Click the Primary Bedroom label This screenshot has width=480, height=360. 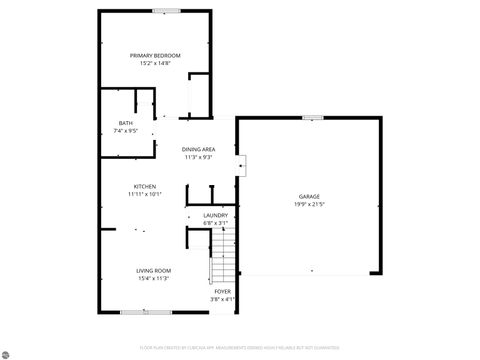tap(155, 55)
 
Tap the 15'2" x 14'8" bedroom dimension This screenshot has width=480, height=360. tap(155, 63)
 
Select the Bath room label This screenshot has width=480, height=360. tap(126, 123)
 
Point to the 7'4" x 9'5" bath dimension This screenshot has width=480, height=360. tap(126, 131)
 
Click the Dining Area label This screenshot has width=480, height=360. tap(198, 149)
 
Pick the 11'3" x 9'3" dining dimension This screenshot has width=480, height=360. tap(198, 157)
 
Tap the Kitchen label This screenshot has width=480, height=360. tap(144, 186)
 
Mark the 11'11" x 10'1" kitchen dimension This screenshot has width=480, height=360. tap(144, 194)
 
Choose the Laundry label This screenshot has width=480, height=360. tap(215, 215)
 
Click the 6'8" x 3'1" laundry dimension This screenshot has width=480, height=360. tap(215, 223)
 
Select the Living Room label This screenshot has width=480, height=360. tap(154, 270)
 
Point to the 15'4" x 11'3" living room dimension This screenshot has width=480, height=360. tap(154, 278)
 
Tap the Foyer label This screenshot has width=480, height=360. tap(222, 291)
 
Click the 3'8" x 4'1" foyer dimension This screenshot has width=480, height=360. tap(222, 299)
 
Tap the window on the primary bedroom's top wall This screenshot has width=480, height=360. tap(167, 11)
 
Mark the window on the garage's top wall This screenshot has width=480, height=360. tap(313, 118)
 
